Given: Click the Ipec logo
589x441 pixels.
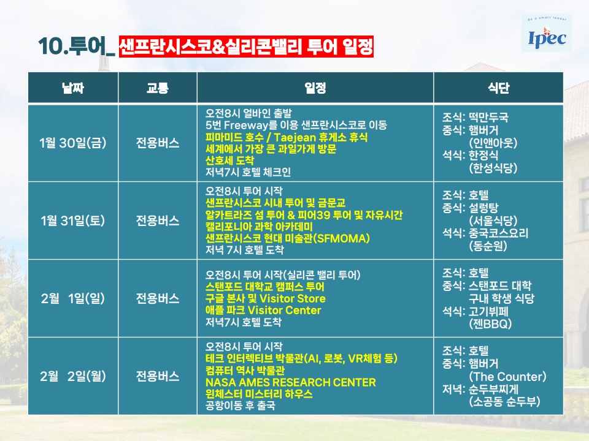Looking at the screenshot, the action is [x=547, y=33].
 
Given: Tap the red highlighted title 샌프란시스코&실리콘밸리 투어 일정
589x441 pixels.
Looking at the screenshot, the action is [x=246, y=47].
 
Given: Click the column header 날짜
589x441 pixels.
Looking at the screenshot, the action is [x=73, y=88].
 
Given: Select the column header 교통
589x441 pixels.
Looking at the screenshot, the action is [x=158, y=88].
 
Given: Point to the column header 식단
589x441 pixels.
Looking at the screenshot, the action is [x=498, y=88].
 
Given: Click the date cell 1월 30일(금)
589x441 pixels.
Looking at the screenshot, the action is [x=73, y=143].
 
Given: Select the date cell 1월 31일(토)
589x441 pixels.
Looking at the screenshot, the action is [x=73, y=221].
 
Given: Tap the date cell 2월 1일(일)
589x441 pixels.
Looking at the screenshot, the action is [x=73, y=298].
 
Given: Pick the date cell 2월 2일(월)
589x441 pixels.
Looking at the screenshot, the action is [x=73, y=376].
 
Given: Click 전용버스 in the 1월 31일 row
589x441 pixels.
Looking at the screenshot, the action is [x=158, y=221].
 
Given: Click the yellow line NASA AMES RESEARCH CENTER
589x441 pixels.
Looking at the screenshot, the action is [x=290, y=382].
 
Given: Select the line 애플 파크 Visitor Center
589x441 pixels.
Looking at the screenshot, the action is [x=263, y=310].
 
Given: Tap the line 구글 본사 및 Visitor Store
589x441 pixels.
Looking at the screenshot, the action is [x=265, y=298].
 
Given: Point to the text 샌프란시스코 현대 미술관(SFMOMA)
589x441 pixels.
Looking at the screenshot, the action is [x=287, y=238].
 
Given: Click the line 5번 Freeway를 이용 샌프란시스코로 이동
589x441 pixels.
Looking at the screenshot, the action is [x=296, y=125].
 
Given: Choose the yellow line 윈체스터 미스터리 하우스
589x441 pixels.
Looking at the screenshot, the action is [x=259, y=394].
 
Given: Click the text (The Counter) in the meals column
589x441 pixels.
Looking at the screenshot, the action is [x=507, y=377].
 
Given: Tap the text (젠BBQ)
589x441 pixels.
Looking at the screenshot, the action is [x=490, y=323].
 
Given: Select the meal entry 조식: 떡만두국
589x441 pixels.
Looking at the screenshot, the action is [x=475, y=118].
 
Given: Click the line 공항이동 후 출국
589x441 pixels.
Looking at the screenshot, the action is [x=240, y=405].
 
